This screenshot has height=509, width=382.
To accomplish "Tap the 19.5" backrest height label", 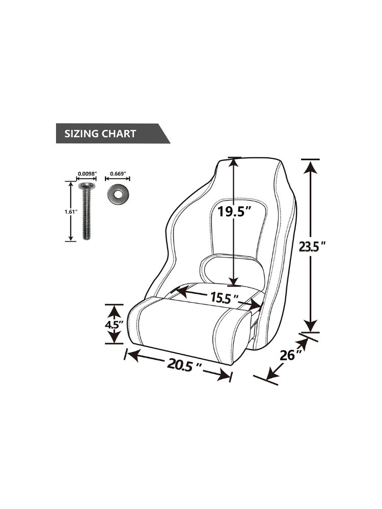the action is [234, 211].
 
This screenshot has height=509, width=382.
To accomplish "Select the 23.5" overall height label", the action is [312, 247].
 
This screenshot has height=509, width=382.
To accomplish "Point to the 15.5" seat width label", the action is [224, 297].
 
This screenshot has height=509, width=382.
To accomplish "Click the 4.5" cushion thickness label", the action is [114, 324].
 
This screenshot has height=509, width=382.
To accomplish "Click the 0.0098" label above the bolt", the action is [87, 174].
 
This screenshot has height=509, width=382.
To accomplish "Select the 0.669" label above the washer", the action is [118, 174].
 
